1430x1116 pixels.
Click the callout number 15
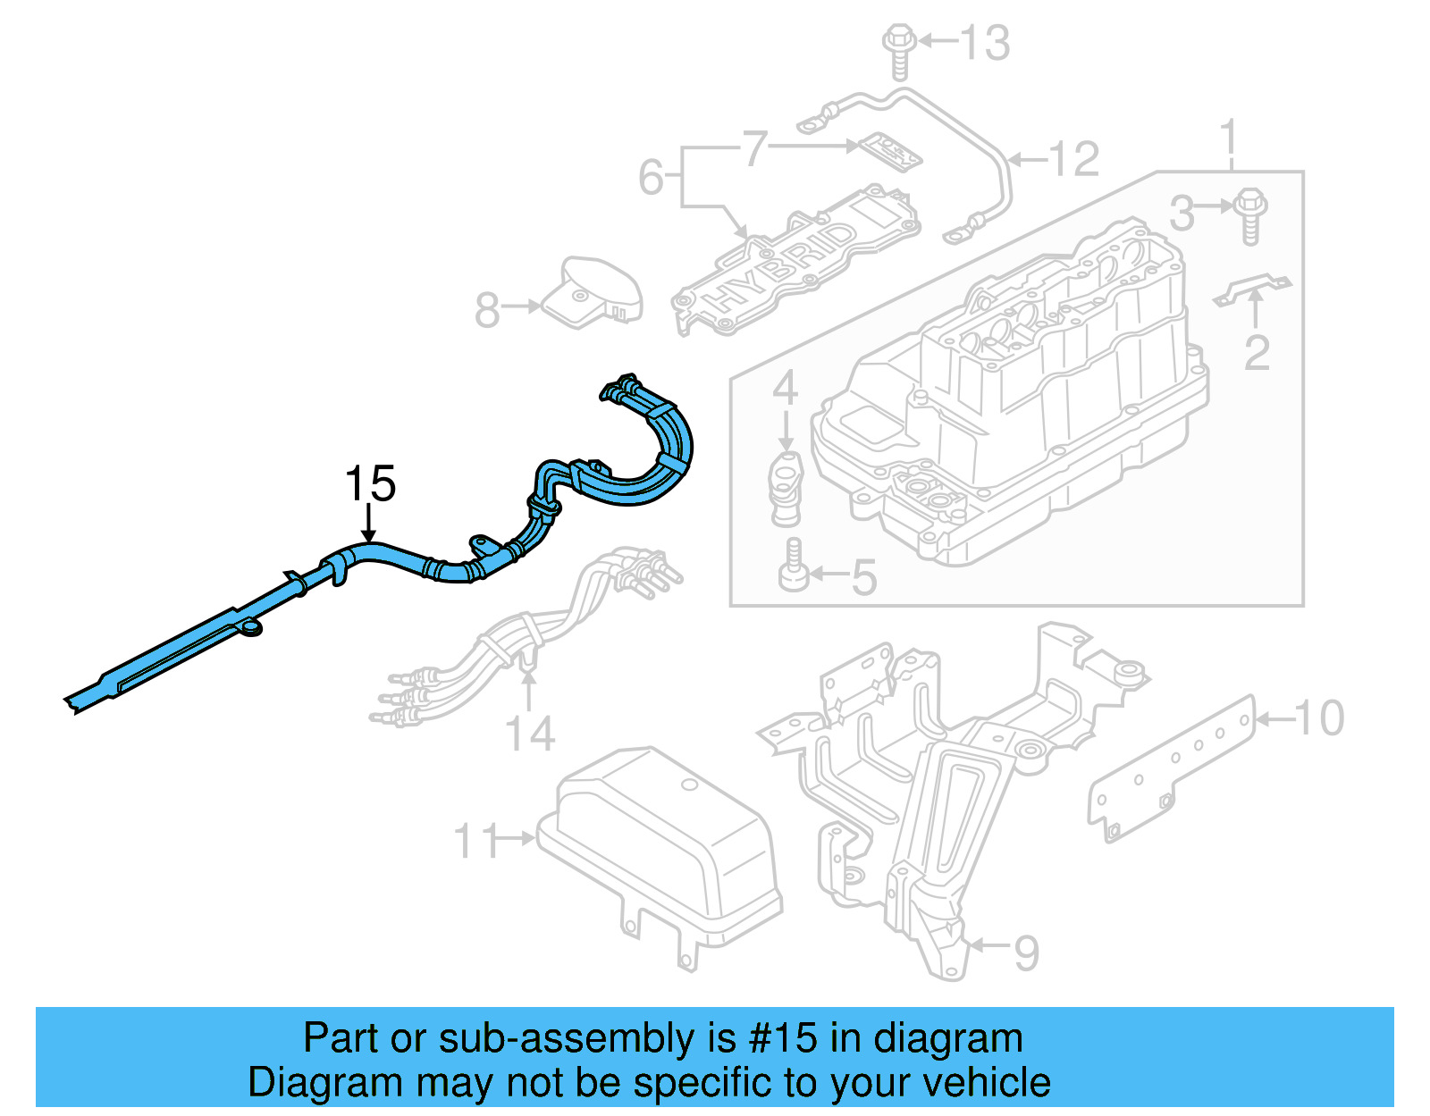pos(370,484)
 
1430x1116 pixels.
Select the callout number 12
pos(1073,160)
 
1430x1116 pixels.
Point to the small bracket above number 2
pos(1253,289)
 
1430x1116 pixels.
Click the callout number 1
pos(1230,138)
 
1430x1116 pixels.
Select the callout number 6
pos(650,177)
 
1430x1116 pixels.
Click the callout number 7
pos(755,148)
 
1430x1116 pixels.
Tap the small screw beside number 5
pos(794,566)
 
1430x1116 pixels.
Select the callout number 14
pos(530,734)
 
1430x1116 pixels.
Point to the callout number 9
pos(1026,953)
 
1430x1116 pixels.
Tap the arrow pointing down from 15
pos(369,524)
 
